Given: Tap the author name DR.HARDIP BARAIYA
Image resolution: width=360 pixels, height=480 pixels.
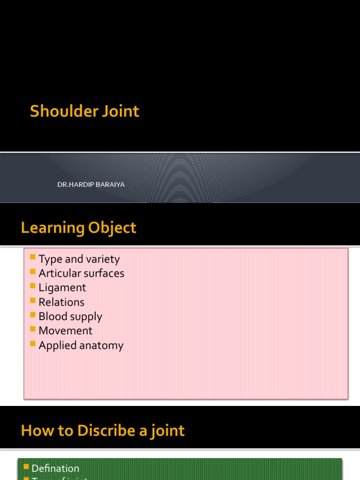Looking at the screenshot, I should click(x=91, y=185).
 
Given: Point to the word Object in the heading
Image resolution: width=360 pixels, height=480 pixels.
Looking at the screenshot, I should click(x=112, y=228).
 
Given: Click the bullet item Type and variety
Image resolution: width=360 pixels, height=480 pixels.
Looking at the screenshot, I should click(x=79, y=259).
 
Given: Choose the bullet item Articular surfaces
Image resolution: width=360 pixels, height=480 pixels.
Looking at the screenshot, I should click(x=82, y=273).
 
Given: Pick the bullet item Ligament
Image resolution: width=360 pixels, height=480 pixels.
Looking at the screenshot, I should click(x=62, y=288).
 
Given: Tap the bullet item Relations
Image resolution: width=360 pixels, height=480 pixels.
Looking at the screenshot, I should click(x=61, y=302).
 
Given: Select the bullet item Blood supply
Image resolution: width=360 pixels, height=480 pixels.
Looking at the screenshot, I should click(x=70, y=316).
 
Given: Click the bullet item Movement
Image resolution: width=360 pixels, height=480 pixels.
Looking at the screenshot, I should click(x=66, y=331).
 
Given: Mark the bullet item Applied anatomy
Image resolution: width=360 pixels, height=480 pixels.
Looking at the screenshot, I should click(x=81, y=345).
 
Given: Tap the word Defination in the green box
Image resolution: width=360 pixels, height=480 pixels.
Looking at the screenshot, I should click(x=55, y=468).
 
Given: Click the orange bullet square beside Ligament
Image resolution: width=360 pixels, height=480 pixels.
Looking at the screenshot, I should click(x=32, y=286).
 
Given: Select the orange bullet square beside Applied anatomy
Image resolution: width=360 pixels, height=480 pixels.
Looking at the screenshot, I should click(x=32, y=344).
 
